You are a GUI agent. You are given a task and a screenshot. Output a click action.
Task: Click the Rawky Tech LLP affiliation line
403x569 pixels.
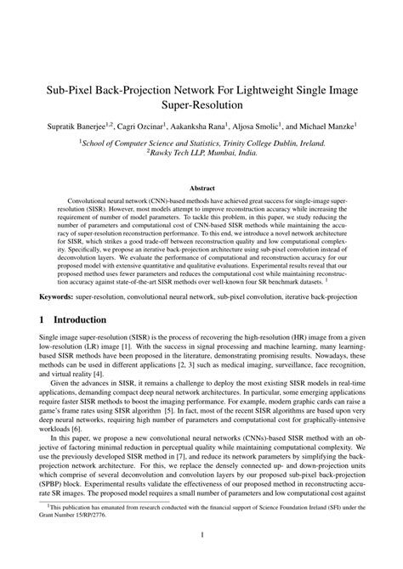(201, 155)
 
